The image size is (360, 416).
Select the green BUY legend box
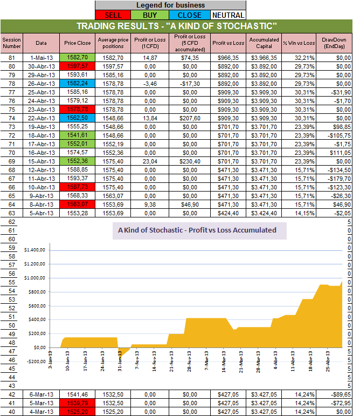pos(152,15)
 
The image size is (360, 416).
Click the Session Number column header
pos(11,43)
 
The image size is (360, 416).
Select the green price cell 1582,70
pos(77,57)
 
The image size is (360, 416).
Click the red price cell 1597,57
pos(77,65)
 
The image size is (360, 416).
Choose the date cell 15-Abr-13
pos(41,160)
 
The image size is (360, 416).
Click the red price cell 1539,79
pos(77,403)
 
